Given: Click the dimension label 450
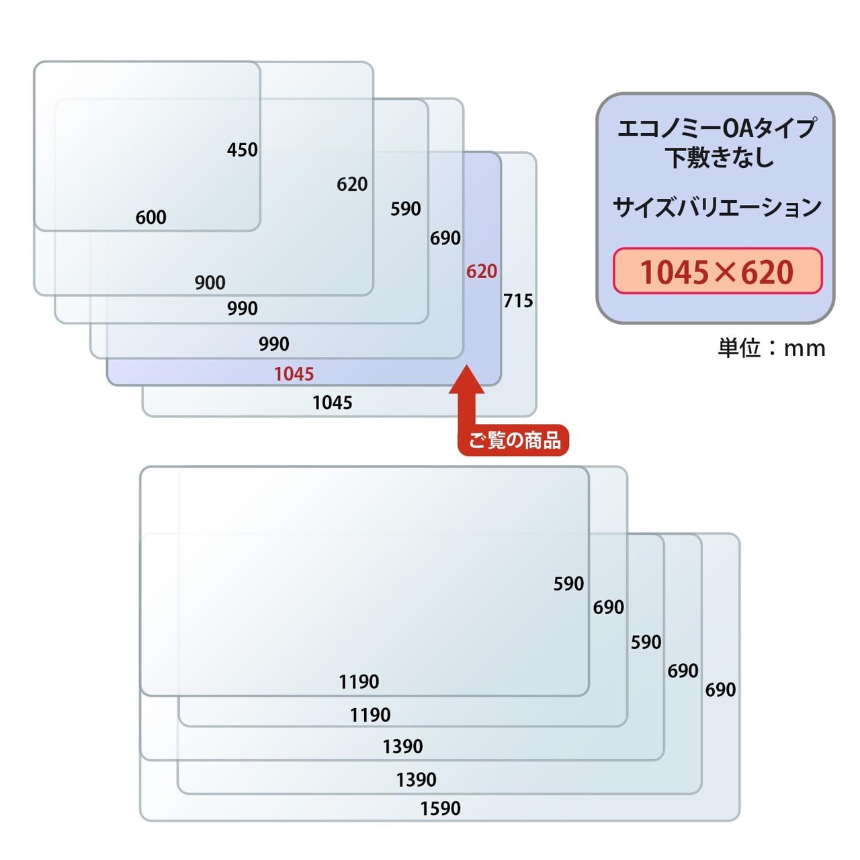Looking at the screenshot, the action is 242,150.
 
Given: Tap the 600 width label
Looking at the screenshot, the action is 151,217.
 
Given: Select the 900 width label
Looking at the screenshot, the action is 210,282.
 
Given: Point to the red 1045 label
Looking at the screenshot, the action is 294,374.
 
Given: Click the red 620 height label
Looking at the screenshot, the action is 482,271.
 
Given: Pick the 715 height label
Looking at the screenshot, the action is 518,301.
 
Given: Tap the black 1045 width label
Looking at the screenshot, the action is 332,402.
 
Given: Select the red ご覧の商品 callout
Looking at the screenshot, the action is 514,440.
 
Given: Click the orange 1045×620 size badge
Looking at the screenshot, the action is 717,271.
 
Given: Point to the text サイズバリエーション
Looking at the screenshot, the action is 717,208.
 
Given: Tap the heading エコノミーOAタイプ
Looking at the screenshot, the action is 717,128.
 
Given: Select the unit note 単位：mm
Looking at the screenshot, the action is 771,348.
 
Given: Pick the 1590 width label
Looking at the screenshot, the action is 441,808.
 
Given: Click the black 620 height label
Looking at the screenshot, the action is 352,184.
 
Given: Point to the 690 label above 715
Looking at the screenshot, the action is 445,238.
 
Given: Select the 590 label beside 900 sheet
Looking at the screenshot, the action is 405,208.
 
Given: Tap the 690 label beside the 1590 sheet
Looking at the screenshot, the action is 720,689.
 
